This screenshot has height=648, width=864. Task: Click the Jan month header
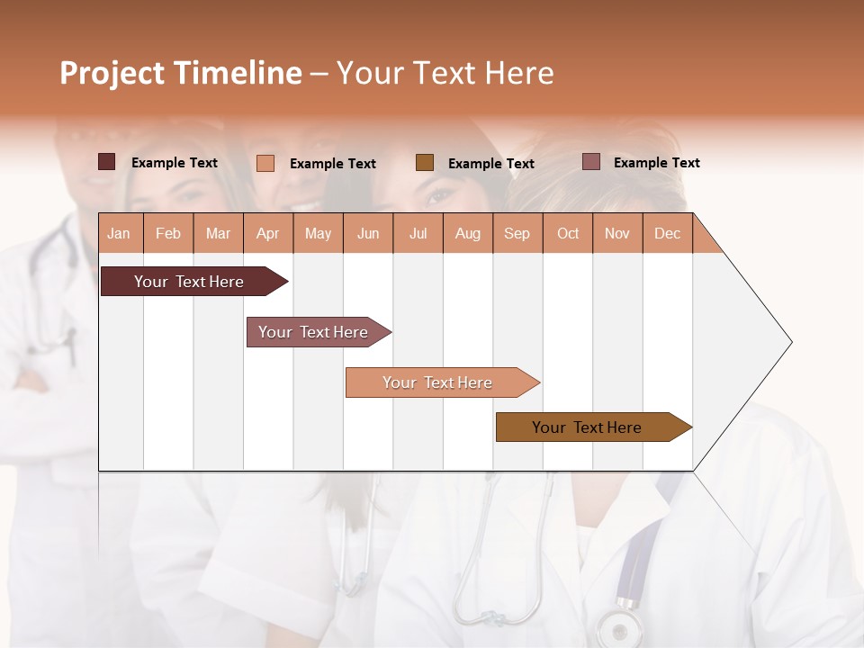(x=119, y=233)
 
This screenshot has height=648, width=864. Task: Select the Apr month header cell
(x=267, y=233)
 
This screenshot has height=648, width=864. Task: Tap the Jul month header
(x=418, y=233)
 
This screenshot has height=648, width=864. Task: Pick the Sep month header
(x=517, y=233)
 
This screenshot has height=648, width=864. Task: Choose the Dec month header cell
(x=667, y=233)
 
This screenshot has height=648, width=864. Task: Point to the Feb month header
(x=168, y=233)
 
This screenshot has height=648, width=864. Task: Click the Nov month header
(x=616, y=233)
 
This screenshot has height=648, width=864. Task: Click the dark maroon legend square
(x=107, y=162)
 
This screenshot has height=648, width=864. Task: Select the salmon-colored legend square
(x=265, y=163)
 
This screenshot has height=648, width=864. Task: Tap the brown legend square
(x=425, y=162)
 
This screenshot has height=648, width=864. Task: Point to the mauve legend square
(x=590, y=162)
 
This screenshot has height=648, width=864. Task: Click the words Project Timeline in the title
(x=181, y=73)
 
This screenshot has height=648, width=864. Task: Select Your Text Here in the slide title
(x=445, y=73)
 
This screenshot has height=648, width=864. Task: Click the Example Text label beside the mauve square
(x=656, y=163)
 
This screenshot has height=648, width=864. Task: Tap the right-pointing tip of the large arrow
(x=788, y=342)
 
